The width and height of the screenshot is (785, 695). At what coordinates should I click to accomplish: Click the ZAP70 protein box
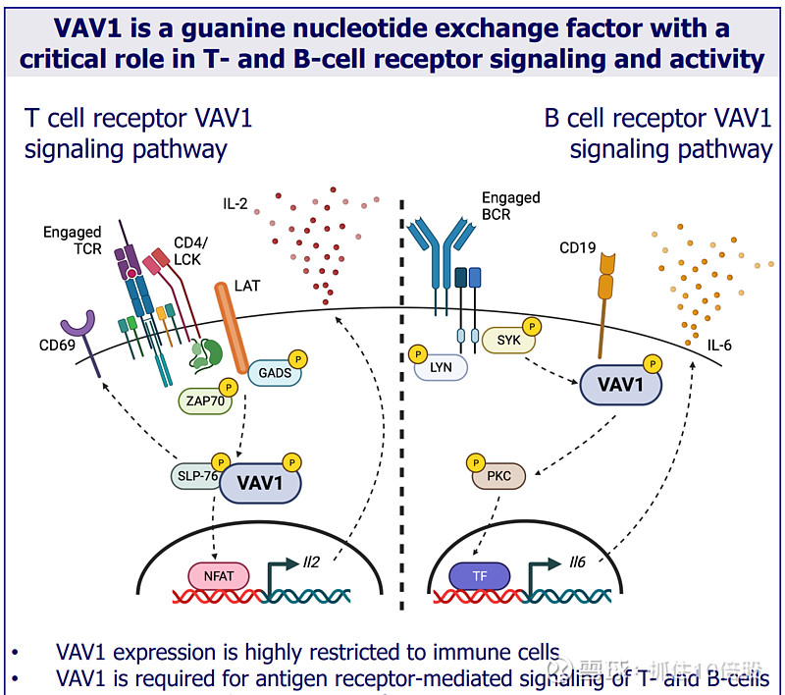[x=203, y=401]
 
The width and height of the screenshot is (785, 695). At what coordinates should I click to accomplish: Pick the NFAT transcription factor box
[x=219, y=575]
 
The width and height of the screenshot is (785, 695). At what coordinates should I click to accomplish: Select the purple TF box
[x=480, y=575]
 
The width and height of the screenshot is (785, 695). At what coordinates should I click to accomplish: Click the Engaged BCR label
[x=510, y=205]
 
